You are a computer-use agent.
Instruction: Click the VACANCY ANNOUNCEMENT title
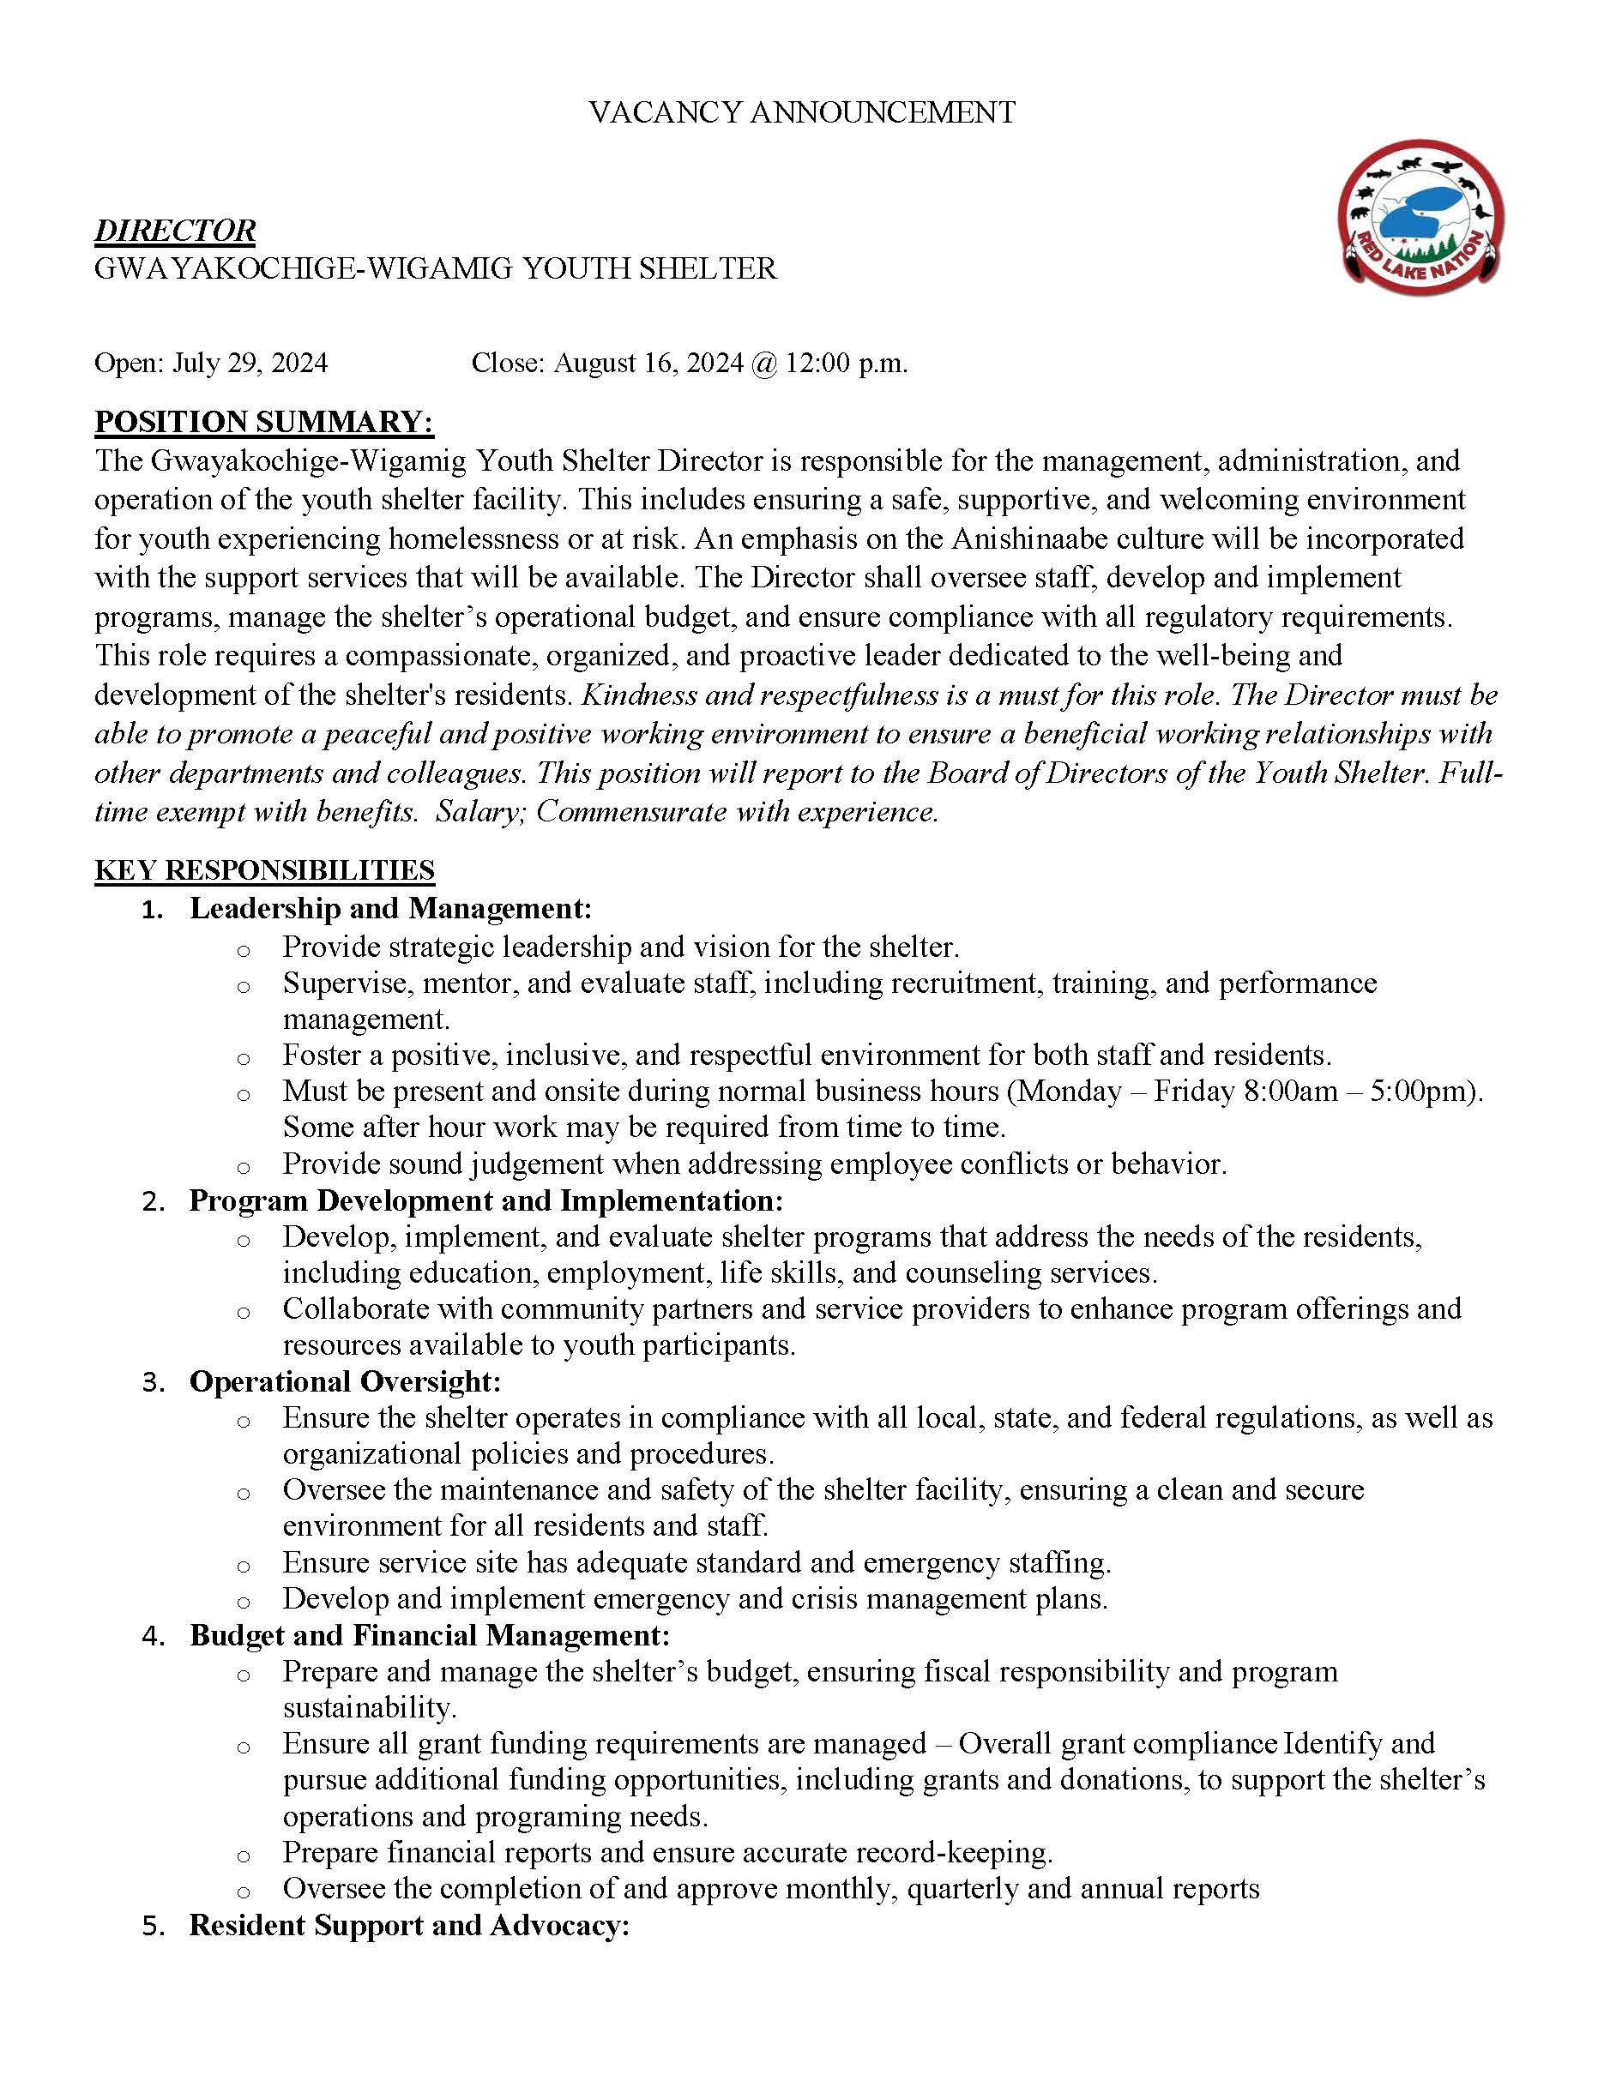[x=801, y=112]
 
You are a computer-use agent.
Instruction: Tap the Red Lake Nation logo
[x=1420, y=214]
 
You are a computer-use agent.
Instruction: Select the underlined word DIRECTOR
[x=175, y=231]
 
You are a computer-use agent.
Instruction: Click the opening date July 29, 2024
[x=250, y=363]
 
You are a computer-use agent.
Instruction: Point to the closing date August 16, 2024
[x=649, y=363]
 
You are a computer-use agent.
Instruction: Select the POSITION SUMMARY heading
[x=263, y=421]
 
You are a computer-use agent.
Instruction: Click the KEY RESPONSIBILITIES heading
[x=264, y=870]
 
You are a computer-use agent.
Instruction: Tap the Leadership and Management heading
[x=390, y=908]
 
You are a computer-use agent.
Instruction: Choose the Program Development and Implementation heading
[x=485, y=1201]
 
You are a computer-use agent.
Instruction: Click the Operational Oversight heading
[x=345, y=1381]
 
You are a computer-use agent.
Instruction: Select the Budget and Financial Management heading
[x=430, y=1635]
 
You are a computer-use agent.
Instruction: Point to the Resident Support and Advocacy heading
[x=409, y=1926]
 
